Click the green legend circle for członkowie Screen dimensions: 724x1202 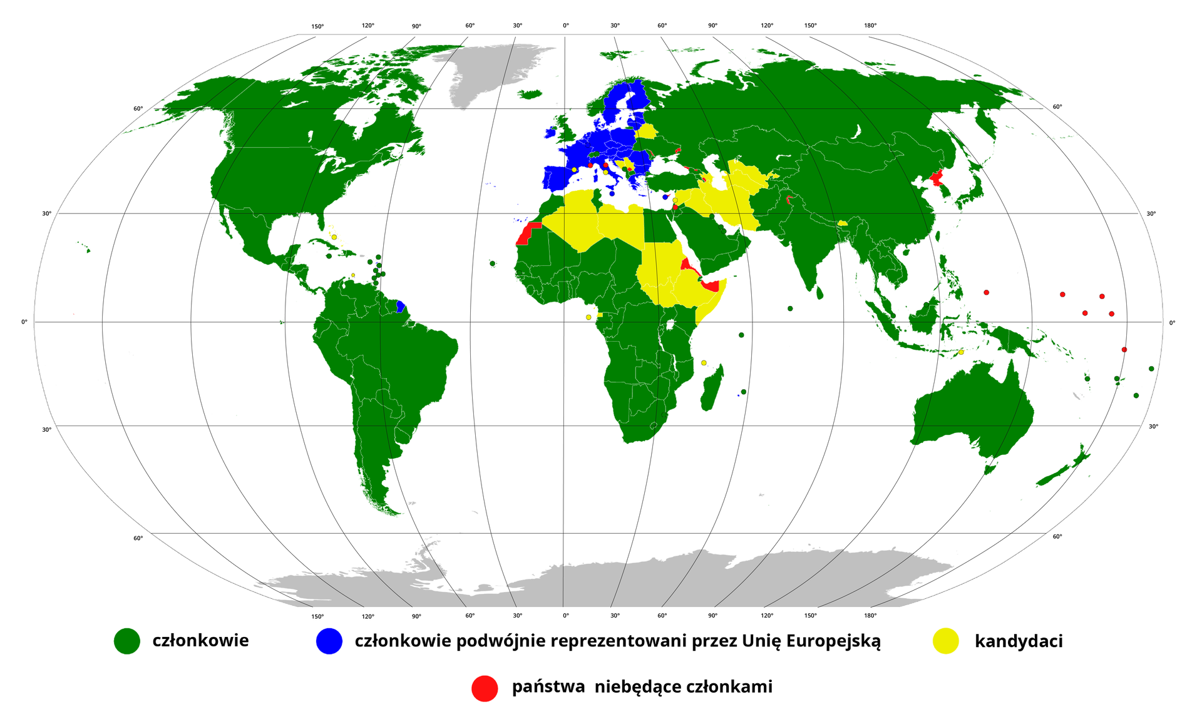point(126,641)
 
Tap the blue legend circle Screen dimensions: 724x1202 point(329,641)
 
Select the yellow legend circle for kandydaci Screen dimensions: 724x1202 point(945,641)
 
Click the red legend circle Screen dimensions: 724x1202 point(485,688)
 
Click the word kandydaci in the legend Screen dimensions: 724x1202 point(1019,641)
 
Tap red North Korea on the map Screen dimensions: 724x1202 point(937,178)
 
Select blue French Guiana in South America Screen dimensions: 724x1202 point(401,307)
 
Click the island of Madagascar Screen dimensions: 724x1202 point(712,389)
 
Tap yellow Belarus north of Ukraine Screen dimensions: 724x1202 point(646,131)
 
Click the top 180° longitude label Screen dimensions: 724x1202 point(870,26)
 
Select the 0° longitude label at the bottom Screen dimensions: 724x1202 point(565,616)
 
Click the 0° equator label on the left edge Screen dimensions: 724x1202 point(24,322)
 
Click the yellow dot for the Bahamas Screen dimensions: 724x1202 point(334,237)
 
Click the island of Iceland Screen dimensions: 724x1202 point(530,94)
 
